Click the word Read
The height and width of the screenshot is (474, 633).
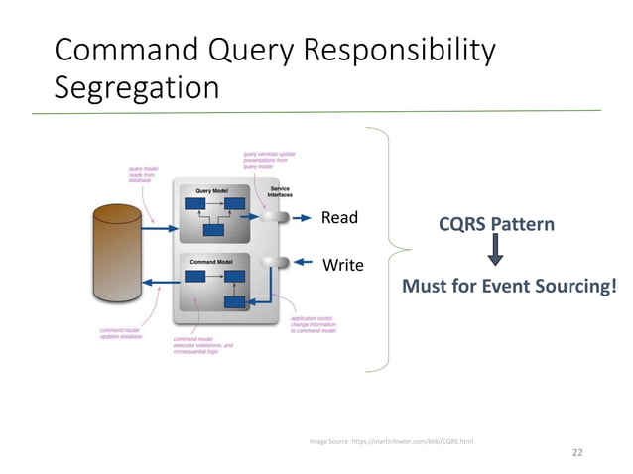pos(338,217)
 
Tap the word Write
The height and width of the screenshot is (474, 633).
pos(342,265)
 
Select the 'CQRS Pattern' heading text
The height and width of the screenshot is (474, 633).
pos(496,225)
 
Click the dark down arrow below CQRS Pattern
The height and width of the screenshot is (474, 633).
pos(496,255)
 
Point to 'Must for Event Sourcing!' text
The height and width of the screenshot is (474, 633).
pos(508,287)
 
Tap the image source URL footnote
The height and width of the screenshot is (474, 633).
pos(391,440)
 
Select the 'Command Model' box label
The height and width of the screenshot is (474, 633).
pos(211,261)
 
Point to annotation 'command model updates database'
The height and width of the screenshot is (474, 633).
pos(121,333)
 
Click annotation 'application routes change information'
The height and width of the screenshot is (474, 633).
pos(313,324)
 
